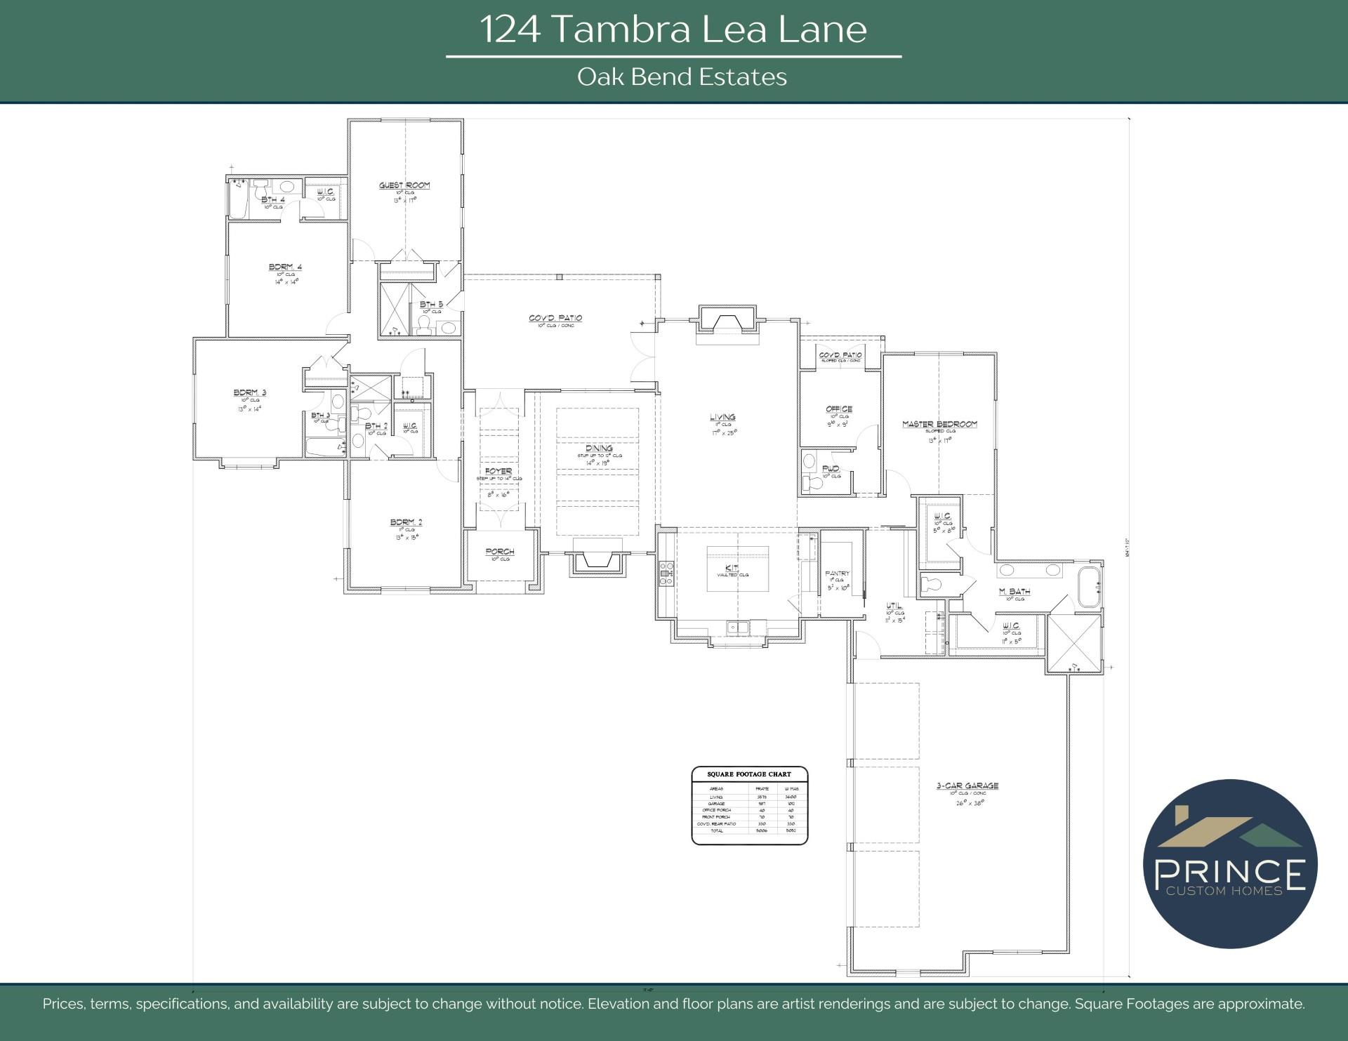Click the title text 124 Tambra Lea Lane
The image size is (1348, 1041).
coord(673,29)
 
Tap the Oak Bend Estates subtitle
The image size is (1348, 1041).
coord(682,77)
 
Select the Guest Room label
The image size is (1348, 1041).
coord(404,185)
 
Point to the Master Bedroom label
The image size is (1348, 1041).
coord(939,424)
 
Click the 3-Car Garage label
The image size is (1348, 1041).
coord(967,785)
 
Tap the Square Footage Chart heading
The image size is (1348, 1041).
coord(749,774)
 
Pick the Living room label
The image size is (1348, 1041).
coord(722,417)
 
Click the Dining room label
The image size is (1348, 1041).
coord(599,448)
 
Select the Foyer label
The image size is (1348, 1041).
coord(498,471)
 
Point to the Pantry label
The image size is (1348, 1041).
coord(838,573)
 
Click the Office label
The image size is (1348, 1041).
coord(839,409)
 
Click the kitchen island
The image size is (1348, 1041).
coord(737,568)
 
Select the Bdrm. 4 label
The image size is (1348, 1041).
coord(285,267)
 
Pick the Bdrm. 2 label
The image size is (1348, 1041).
coord(406,522)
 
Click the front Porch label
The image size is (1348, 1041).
coord(500,552)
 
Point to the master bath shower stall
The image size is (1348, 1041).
coord(1073,642)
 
